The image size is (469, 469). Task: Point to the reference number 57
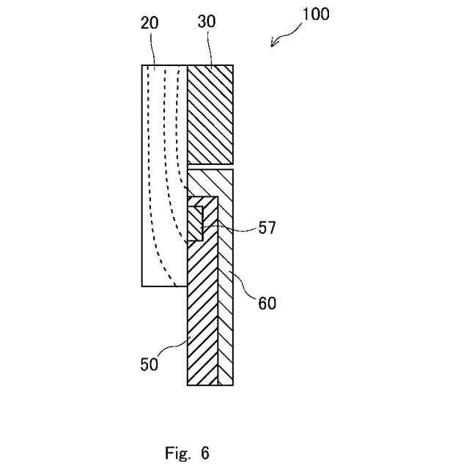pos(267,228)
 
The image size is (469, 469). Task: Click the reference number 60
pos(267,302)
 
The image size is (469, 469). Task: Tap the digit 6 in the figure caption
pos(204,453)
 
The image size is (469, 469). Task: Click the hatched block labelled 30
pos(211,114)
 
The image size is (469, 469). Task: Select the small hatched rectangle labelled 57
pos(196,223)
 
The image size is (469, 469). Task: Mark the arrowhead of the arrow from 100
pos(273,45)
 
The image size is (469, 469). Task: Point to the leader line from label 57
pos(234,226)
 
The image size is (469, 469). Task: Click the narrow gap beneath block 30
pos(211,166)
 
